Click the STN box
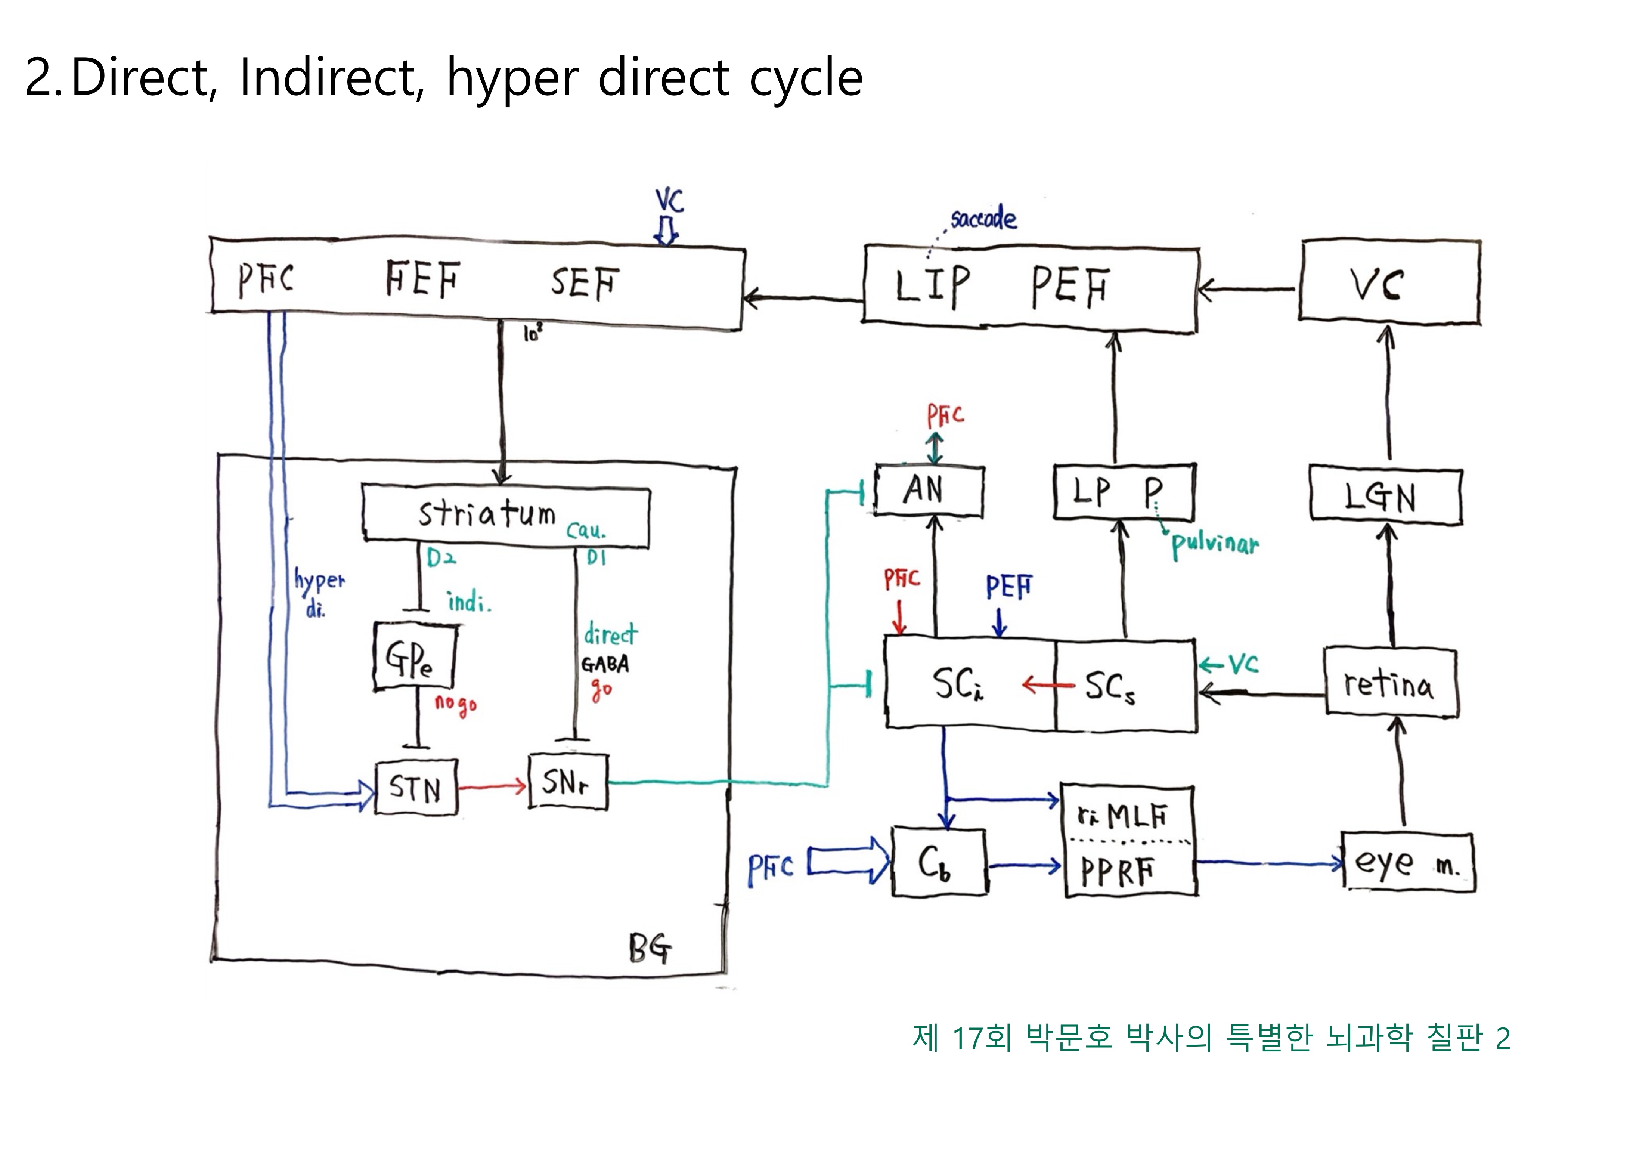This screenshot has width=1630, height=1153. (416, 787)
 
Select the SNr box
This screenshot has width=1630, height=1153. (568, 782)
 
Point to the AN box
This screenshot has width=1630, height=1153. (929, 491)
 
